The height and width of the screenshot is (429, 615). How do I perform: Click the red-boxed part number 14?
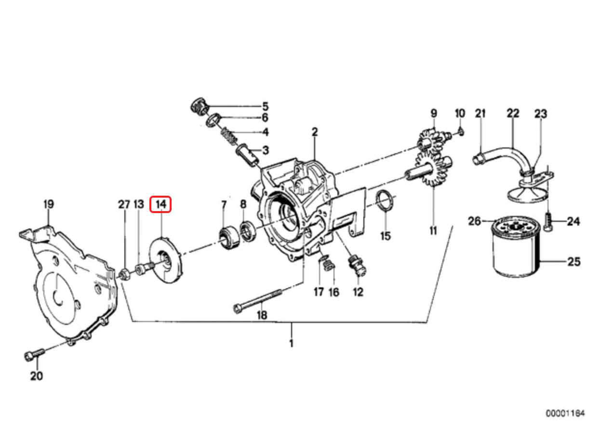[160, 204]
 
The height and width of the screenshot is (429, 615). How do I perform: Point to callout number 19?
[48, 204]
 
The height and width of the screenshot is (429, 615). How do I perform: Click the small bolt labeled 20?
[33, 355]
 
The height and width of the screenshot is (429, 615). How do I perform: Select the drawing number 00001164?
[565, 413]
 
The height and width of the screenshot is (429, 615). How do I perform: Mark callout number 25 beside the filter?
[574, 262]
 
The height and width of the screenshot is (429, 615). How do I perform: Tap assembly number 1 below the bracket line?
[291, 343]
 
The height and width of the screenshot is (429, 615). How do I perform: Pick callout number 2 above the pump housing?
[314, 132]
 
